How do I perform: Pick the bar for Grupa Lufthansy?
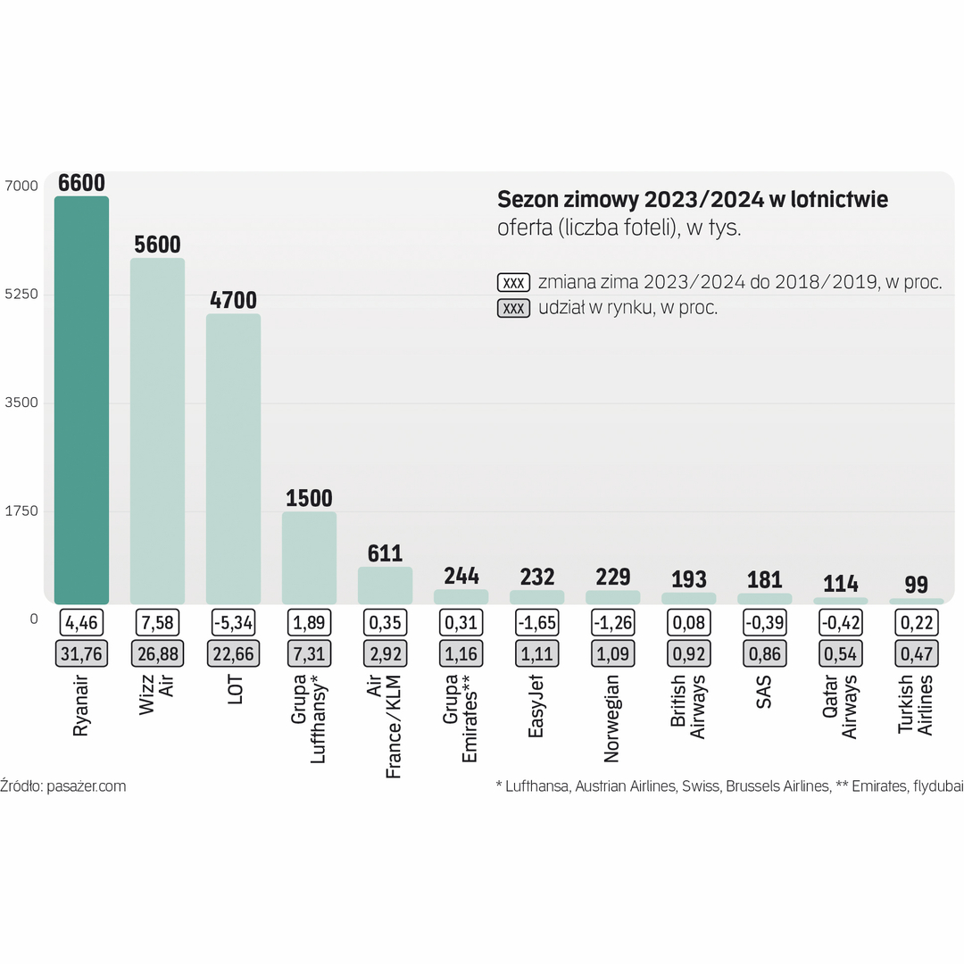pyautogui.click(x=309, y=558)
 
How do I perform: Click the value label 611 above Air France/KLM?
pyautogui.click(x=385, y=553)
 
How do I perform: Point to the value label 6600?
pyautogui.click(x=81, y=183)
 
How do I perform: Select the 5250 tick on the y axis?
pyautogui.click(x=21, y=295)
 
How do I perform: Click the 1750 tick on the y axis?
pyautogui.click(x=21, y=511)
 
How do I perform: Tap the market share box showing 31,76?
pyautogui.click(x=81, y=653)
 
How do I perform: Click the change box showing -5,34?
pyautogui.click(x=233, y=622)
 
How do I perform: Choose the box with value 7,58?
pyautogui.click(x=157, y=622)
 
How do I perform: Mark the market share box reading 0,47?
pyautogui.click(x=916, y=653)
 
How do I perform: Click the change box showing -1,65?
pyautogui.click(x=536, y=622)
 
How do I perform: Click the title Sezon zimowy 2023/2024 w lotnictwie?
pyautogui.click(x=692, y=199)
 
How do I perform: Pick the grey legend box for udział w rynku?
pyautogui.click(x=513, y=308)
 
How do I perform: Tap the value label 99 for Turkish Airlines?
pyautogui.click(x=916, y=585)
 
